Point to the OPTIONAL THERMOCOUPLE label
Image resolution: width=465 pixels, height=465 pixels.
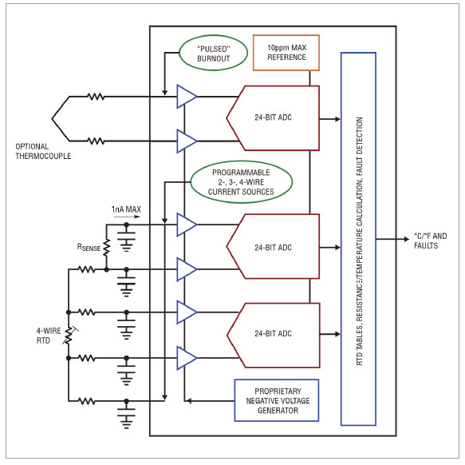43,151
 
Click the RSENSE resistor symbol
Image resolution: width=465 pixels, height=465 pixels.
106,247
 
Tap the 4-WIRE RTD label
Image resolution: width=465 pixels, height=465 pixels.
49,336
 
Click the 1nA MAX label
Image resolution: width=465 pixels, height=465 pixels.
126,209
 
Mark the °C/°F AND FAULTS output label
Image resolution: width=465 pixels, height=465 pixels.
430,240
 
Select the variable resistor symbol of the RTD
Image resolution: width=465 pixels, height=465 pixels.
69,335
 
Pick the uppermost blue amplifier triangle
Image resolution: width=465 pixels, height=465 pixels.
187,96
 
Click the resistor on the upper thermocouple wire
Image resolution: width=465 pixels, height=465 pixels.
96,96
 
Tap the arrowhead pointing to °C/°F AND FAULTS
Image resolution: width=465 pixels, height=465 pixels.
407,239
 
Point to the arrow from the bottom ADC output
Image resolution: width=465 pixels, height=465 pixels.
330,334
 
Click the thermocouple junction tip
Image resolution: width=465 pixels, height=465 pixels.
52,118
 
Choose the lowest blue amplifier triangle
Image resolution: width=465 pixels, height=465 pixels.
187,358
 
